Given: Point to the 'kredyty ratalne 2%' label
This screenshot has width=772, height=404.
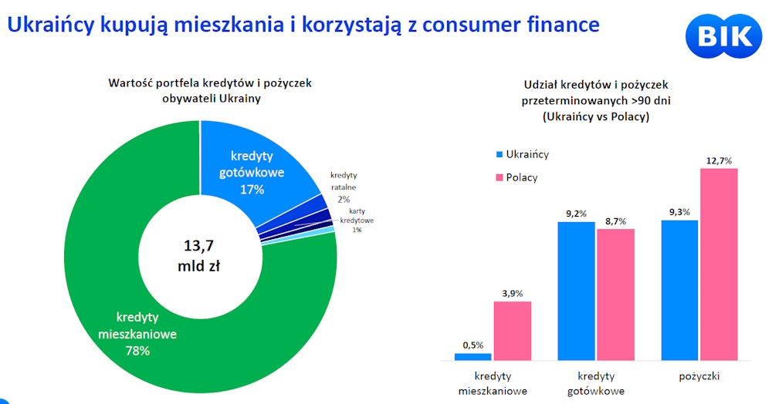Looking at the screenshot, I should click(344, 187).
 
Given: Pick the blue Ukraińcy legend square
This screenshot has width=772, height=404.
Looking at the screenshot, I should click(499, 154).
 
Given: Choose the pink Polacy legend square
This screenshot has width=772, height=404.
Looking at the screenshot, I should click(499, 177).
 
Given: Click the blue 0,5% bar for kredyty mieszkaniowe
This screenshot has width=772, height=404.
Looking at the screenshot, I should click(473, 356).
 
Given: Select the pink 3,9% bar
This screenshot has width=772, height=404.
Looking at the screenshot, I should click(513, 330).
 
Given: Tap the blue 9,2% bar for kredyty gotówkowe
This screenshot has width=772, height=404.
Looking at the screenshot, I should click(577, 291).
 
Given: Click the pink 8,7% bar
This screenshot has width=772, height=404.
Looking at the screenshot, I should click(615, 294).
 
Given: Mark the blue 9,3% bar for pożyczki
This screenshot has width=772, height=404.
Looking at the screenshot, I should click(679, 290).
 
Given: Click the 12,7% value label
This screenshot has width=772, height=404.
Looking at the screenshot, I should click(719, 160).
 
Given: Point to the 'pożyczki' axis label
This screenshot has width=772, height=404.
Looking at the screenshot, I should click(699, 376).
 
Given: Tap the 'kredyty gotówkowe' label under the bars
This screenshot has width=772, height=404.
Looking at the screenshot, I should click(596, 383).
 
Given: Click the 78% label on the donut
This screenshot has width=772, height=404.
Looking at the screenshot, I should click(137, 351).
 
